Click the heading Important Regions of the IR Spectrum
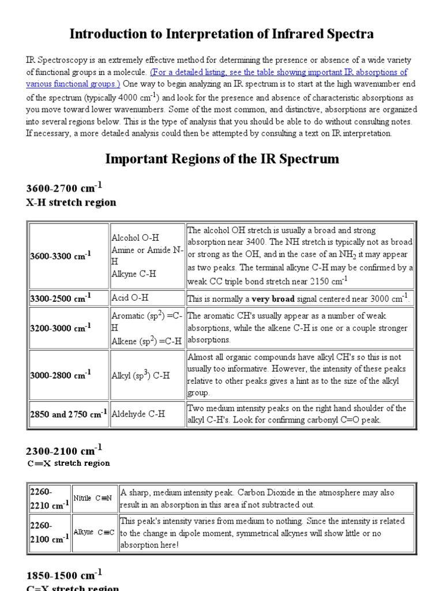[x=221, y=158]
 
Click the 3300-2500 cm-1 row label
[x=60, y=298]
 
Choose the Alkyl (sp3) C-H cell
[x=140, y=375]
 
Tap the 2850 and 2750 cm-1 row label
[x=68, y=414]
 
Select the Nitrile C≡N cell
[x=94, y=498]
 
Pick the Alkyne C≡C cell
[x=95, y=532]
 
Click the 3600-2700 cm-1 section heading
[x=64, y=188]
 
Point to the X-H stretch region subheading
[x=71, y=203]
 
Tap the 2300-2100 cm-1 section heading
[x=64, y=450]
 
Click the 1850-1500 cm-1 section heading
[x=64, y=574]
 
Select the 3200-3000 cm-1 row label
[x=60, y=328]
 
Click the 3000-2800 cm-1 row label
[x=60, y=375]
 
